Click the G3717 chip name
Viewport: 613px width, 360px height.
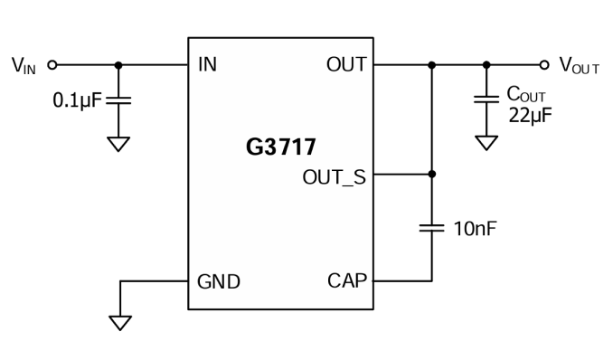click(x=280, y=147)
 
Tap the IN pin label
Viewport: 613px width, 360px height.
click(x=207, y=64)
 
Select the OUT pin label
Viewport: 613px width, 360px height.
click(x=346, y=64)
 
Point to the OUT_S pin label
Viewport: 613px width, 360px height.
click(x=335, y=177)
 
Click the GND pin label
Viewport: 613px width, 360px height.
click(x=219, y=281)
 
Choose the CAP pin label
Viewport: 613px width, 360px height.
click(x=347, y=281)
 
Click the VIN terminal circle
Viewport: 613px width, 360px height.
click(x=52, y=64)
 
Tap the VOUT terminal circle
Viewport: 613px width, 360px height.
click(x=544, y=64)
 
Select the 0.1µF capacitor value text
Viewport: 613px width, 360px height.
click(x=77, y=100)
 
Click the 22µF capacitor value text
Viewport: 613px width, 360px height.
click(x=530, y=116)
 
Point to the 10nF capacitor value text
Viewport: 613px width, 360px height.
click(x=475, y=229)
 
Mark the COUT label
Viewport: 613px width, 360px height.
click(x=526, y=94)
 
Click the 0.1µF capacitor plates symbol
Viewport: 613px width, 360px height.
click(x=118, y=100)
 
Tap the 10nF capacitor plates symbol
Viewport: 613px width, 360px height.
click(x=431, y=228)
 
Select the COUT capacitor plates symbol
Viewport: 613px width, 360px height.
click(x=486, y=99)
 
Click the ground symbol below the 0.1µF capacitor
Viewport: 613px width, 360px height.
click(x=118, y=144)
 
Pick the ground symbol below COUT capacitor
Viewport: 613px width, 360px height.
click(x=486, y=143)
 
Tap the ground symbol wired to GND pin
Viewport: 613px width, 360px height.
click(x=120, y=323)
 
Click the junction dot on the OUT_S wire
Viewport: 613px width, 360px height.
click(x=431, y=175)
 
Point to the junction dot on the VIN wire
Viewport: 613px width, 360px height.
click(x=118, y=65)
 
